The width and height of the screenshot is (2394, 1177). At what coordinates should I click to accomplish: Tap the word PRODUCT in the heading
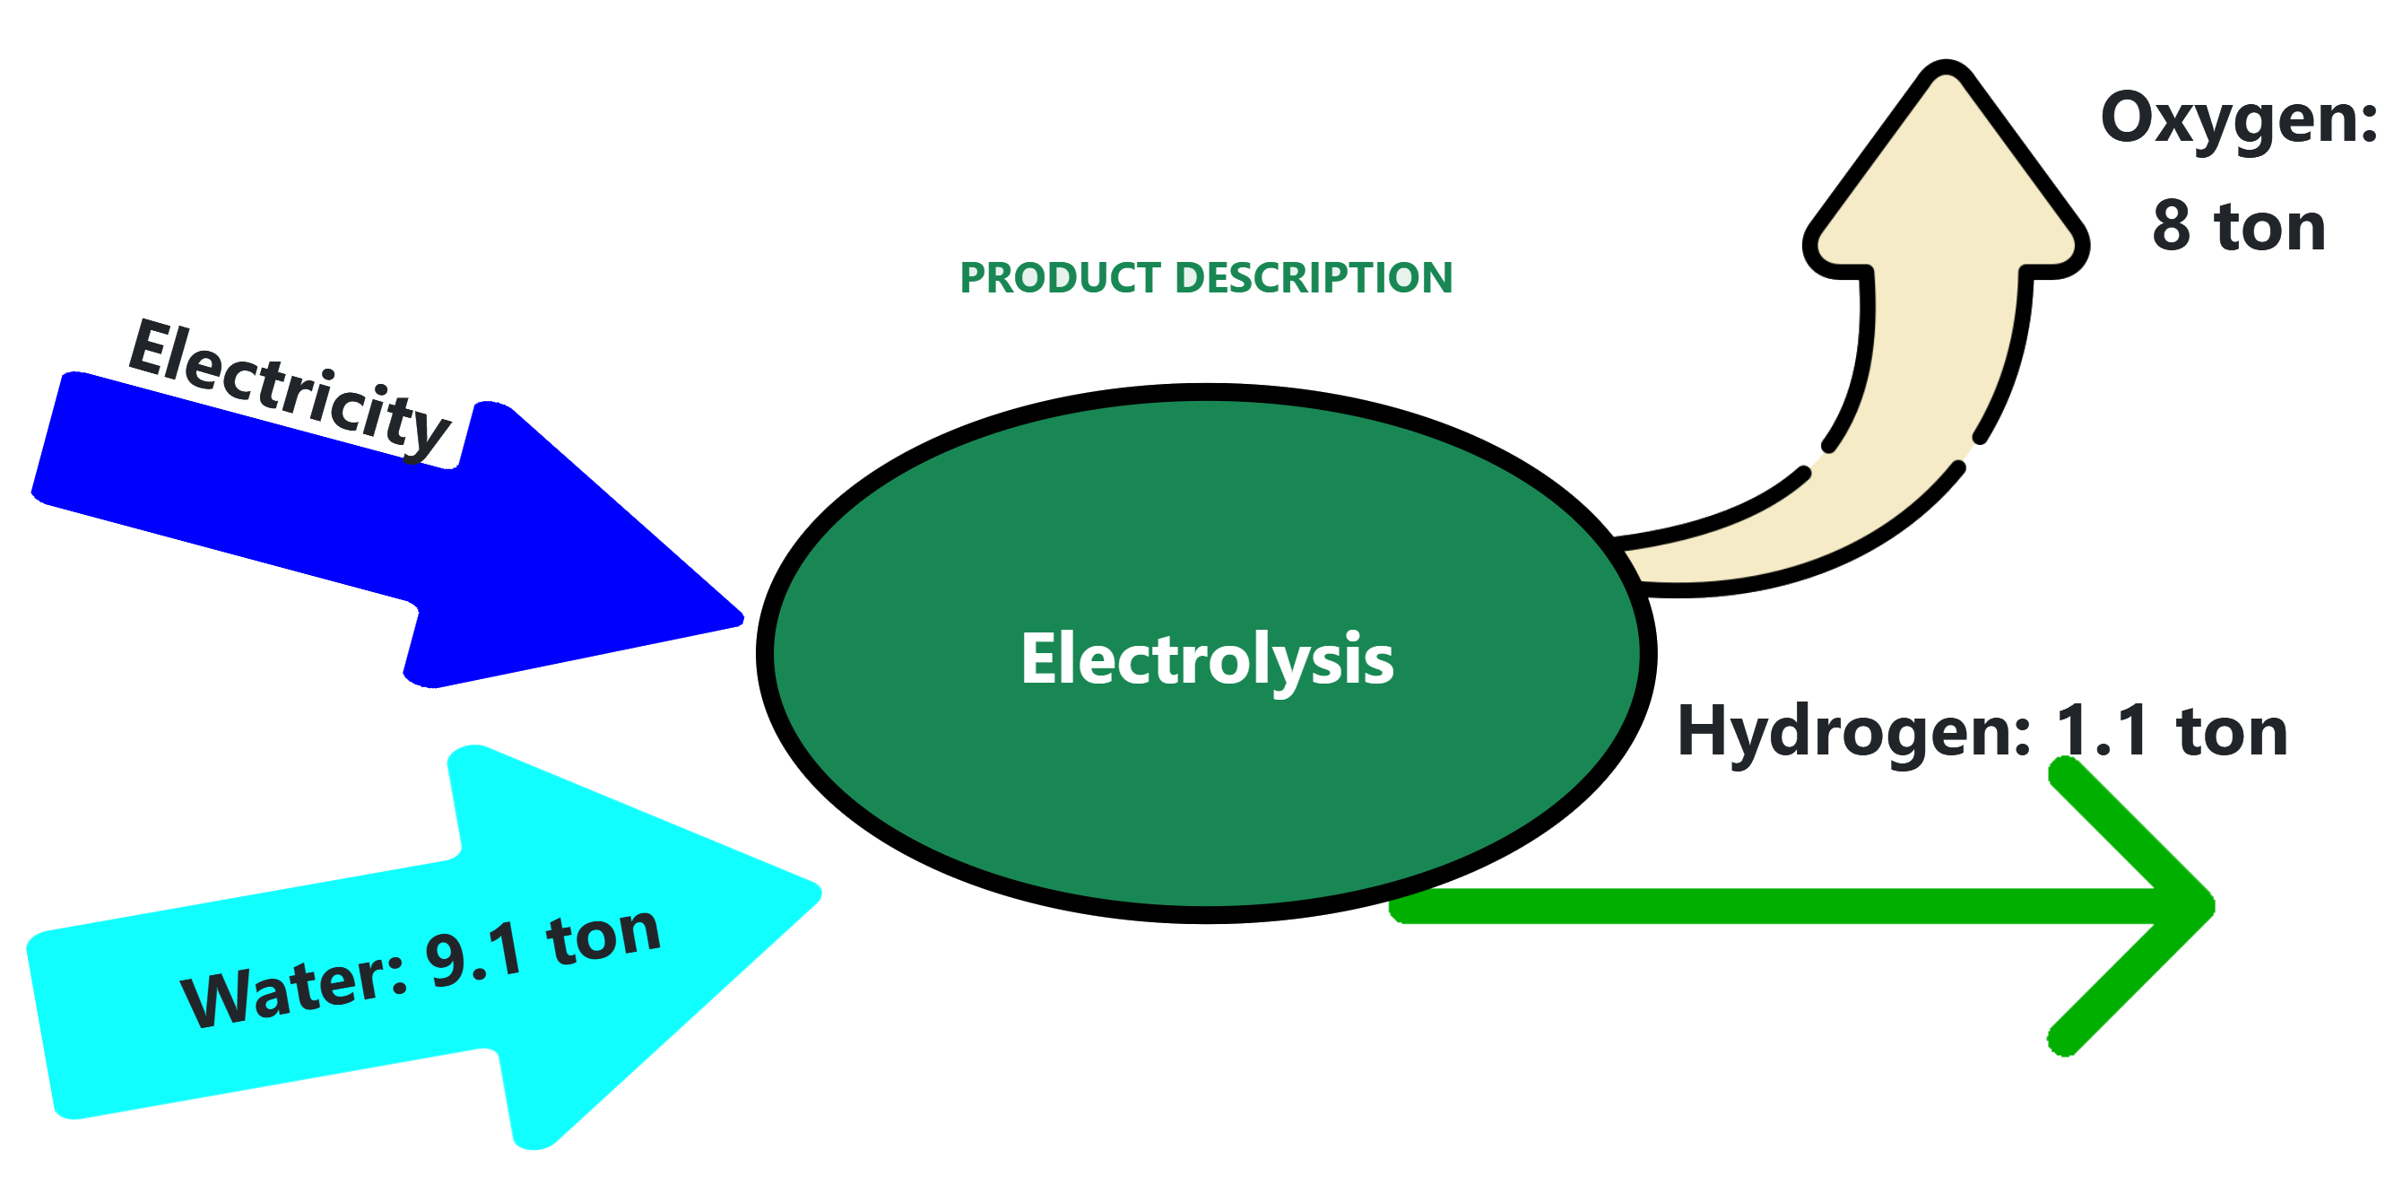tap(1061, 278)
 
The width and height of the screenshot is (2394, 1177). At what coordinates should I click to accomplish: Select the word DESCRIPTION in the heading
tap(1314, 278)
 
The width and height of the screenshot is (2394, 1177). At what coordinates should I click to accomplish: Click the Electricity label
tap(288, 389)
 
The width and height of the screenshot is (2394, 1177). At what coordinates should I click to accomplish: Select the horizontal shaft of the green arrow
tap(1765, 906)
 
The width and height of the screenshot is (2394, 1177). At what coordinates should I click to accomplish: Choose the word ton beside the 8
tap(2270, 226)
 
